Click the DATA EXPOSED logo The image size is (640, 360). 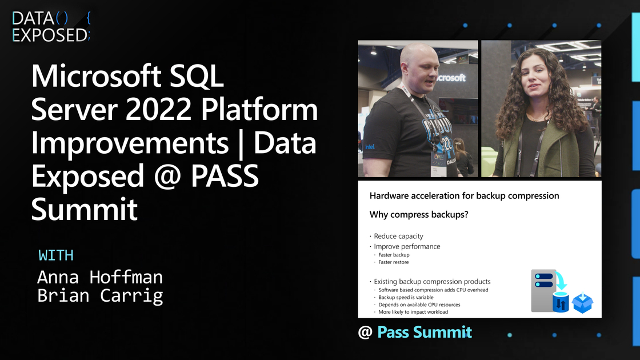click(51, 26)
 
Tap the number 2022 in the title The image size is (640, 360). click(158, 109)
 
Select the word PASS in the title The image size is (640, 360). click(225, 176)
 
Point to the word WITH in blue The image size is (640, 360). click(56, 255)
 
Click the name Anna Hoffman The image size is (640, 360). click(100, 277)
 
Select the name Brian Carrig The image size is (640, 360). click(100, 296)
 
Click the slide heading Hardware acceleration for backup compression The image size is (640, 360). click(464, 196)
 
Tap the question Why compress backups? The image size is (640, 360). click(419, 215)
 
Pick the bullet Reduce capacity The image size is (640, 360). click(398, 237)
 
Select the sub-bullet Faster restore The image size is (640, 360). click(394, 262)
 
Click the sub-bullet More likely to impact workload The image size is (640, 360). click(413, 312)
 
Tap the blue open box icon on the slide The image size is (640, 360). click(582, 303)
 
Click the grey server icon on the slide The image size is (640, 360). click(543, 290)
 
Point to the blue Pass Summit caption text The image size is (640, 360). click(425, 332)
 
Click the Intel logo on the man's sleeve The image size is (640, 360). click(370, 146)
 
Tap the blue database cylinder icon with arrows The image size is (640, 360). click(561, 302)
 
